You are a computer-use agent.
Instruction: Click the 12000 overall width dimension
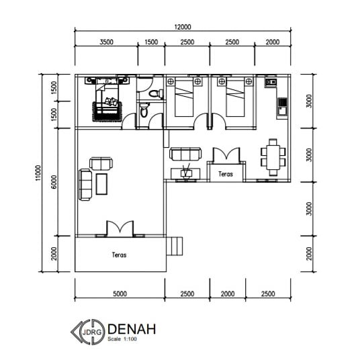click(183, 27)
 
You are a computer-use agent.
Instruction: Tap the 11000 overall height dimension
click(38, 173)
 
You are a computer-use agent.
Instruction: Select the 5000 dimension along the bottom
click(120, 294)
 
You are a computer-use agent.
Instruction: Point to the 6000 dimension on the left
click(54, 182)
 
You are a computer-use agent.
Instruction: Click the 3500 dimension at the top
click(106, 42)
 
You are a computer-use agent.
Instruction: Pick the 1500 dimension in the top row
click(151, 42)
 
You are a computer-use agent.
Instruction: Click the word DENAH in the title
click(132, 329)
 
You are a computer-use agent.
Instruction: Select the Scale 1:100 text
click(122, 339)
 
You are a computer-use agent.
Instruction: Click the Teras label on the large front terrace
click(119, 255)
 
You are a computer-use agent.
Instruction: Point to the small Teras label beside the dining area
click(226, 174)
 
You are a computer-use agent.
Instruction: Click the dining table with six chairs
click(273, 157)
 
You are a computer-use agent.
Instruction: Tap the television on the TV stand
click(185, 171)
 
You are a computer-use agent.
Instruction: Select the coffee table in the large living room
click(101, 184)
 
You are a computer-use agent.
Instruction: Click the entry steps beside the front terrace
click(174, 246)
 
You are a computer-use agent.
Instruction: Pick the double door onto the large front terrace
click(120, 228)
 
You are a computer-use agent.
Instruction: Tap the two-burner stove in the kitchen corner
click(271, 82)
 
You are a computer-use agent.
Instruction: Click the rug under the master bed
click(107, 111)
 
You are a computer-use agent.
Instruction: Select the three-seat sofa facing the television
click(185, 154)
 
